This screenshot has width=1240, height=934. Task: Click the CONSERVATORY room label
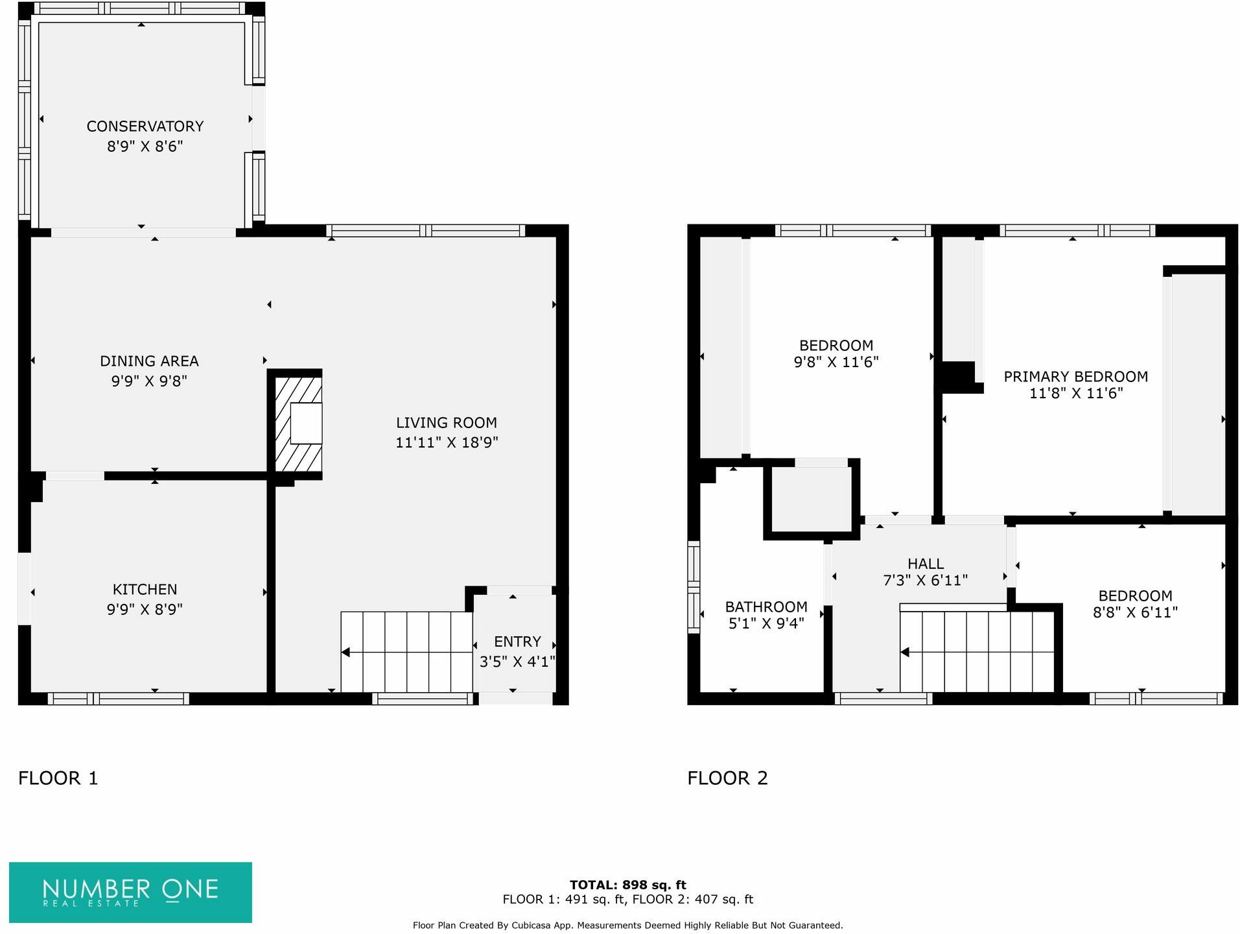pyautogui.click(x=145, y=126)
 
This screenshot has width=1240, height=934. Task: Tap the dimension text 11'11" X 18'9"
pyautogui.click(x=447, y=442)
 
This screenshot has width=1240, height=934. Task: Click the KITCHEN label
pyautogui.click(x=145, y=590)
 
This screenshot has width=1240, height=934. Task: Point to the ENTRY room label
pyautogui.click(x=517, y=641)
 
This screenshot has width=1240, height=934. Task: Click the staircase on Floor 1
pyautogui.click(x=406, y=652)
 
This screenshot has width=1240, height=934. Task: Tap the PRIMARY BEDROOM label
pyautogui.click(x=1075, y=377)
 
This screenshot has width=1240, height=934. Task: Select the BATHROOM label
pyautogui.click(x=766, y=607)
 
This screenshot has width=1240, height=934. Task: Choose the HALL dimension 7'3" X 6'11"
pyautogui.click(x=925, y=581)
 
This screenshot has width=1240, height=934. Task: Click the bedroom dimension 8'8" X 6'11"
pyautogui.click(x=1135, y=612)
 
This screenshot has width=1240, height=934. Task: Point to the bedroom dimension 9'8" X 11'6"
pyautogui.click(x=836, y=363)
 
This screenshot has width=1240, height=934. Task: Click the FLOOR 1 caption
pyautogui.click(x=58, y=778)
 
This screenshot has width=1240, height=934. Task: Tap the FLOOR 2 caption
pyautogui.click(x=727, y=778)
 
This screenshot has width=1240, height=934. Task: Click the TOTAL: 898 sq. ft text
pyautogui.click(x=627, y=885)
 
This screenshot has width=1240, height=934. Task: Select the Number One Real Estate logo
pyautogui.click(x=130, y=892)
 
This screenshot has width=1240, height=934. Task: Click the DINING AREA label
pyautogui.click(x=149, y=361)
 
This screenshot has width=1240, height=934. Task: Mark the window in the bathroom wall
pyautogui.click(x=694, y=587)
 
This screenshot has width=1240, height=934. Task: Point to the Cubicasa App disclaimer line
pyautogui.click(x=627, y=926)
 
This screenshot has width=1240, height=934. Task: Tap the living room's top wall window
pyautogui.click(x=425, y=230)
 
